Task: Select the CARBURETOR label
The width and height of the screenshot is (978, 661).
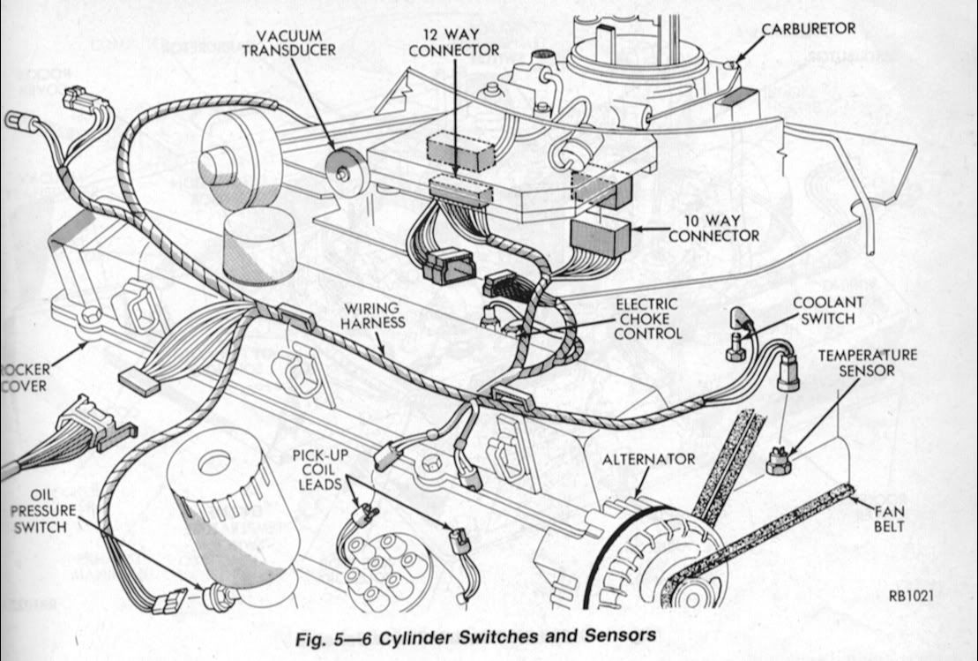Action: (x=808, y=28)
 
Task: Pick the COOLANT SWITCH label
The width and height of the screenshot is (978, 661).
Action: (x=821, y=309)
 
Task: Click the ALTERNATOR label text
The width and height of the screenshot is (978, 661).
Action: (x=648, y=459)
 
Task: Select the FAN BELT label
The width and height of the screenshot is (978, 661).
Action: (x=892, y=518)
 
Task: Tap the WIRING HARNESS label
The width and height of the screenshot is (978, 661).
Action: (x=374, y=315)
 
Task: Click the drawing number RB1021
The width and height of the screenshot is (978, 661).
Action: (x=909, y=596)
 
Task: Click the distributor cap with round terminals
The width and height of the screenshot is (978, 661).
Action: (x=384, y=569)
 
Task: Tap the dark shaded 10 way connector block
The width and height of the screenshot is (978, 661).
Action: (x=600, y=237)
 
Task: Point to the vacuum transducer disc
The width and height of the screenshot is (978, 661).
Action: (x=344, y=171)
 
